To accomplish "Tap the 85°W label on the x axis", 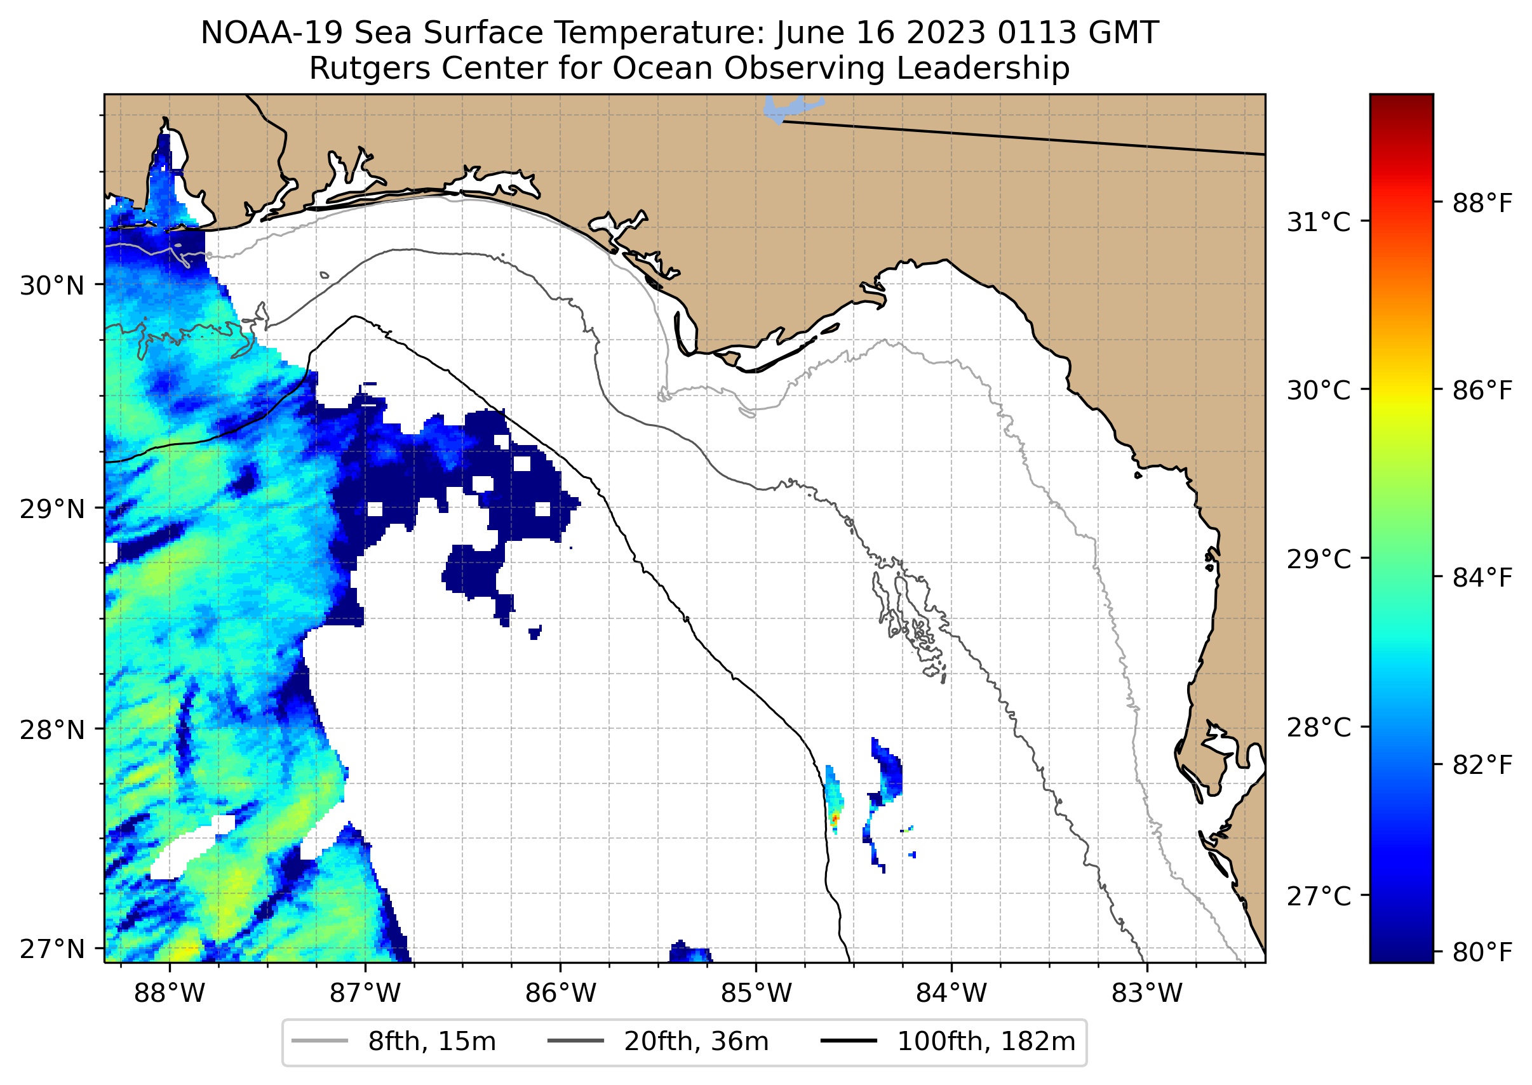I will tap(756, 994).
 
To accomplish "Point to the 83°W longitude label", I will tap(1147, 994).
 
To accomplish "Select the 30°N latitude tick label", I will tap(52, 286).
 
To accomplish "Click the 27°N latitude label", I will tap(52, 949).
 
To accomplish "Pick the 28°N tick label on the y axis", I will tap(52, 730).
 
